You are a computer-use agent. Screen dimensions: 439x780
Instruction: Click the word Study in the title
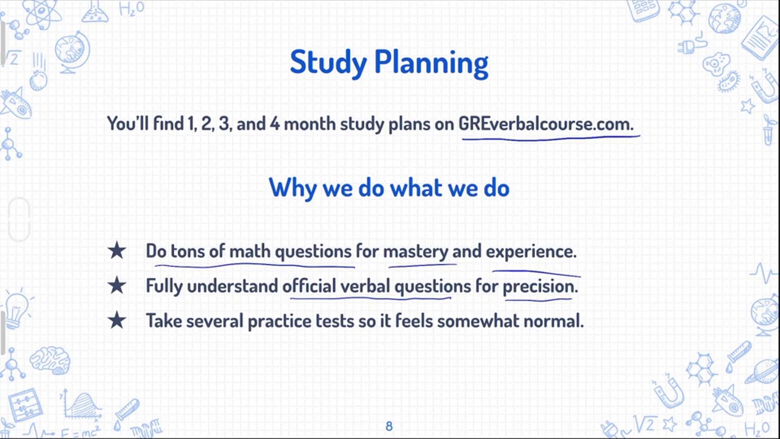(328, 62)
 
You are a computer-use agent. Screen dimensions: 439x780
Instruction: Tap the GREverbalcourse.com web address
(545, 124)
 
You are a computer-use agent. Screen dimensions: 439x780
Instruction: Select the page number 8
(389, 426)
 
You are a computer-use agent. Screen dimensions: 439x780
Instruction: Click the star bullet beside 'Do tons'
(116, 251)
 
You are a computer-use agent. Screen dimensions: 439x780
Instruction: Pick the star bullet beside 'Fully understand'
(116, 285)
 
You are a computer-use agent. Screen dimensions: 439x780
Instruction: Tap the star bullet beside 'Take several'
(116, 320)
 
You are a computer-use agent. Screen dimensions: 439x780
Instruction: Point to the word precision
(539, 286)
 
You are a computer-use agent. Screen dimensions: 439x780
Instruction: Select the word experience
(530, 251)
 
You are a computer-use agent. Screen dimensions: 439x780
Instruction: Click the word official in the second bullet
(308, 286)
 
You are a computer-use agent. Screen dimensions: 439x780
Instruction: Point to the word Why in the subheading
(292, 188)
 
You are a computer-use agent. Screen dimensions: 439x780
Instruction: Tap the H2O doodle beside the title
(132, 9)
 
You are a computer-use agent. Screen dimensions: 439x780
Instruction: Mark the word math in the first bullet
(249, 251)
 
